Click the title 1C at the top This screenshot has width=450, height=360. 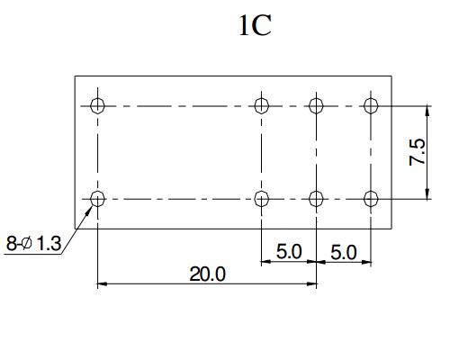coord(256,25)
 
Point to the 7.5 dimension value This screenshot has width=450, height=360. coord(417,151)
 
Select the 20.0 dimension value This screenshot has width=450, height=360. coord(207,274)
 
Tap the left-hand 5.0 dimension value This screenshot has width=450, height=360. coord(289,251)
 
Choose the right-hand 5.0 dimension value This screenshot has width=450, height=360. coord(344,252)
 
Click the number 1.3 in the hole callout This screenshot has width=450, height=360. coord(49,243)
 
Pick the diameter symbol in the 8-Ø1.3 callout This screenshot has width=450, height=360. coord(27,243)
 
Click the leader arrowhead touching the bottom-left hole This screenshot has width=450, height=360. coord(88,211)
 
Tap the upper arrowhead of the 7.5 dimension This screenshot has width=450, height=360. coord(427,112)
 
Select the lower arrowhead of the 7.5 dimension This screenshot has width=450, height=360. coord(427,193)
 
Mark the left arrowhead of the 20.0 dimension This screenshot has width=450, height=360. coord(103,283)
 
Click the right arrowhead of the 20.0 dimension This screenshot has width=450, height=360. coord(311,283)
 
